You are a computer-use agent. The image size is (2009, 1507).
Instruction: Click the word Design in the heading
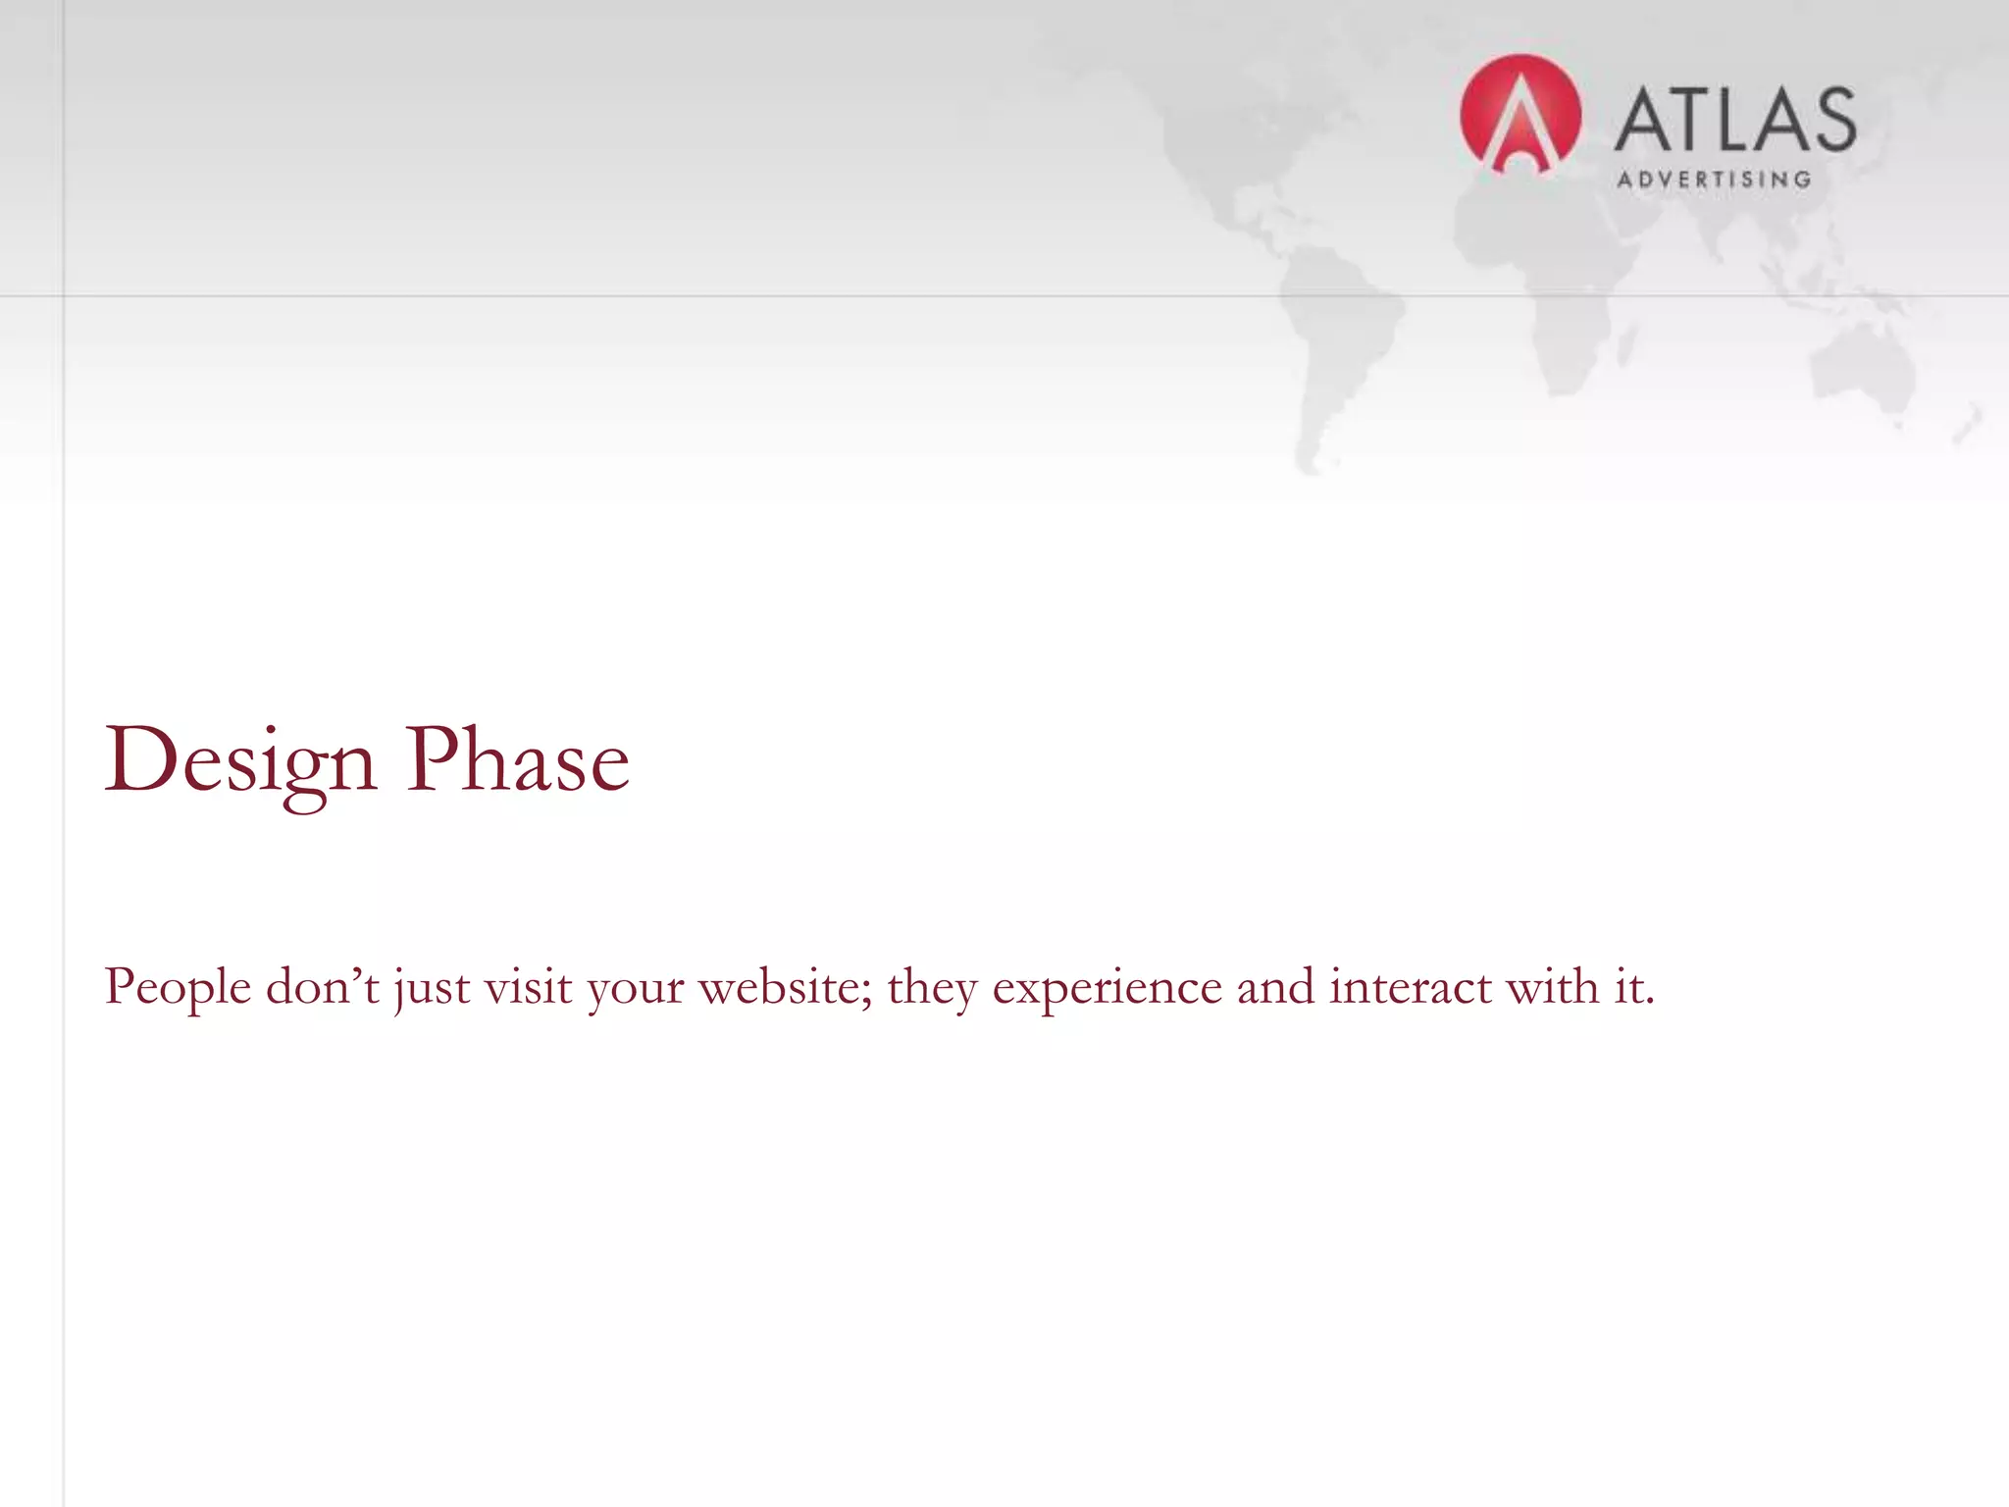click(240, 761)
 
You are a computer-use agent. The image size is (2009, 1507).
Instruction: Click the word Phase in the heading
click(517, 761)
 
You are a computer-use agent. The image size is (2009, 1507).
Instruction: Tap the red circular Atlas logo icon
click(1520, 115)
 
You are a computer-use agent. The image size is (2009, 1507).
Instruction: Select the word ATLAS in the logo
click(1734, 120)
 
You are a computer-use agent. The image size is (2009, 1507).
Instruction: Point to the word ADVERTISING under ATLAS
click(1714, 180)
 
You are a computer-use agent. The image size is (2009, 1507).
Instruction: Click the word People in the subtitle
click(178, 987)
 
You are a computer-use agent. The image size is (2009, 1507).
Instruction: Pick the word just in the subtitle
click(431, 987)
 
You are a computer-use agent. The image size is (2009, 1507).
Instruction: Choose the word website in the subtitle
click(785, 986)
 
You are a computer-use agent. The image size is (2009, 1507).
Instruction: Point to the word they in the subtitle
click(932, 987)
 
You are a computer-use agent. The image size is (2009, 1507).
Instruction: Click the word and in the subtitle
click(1274, 986)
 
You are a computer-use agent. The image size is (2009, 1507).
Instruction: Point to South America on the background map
click(1339, 334)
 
